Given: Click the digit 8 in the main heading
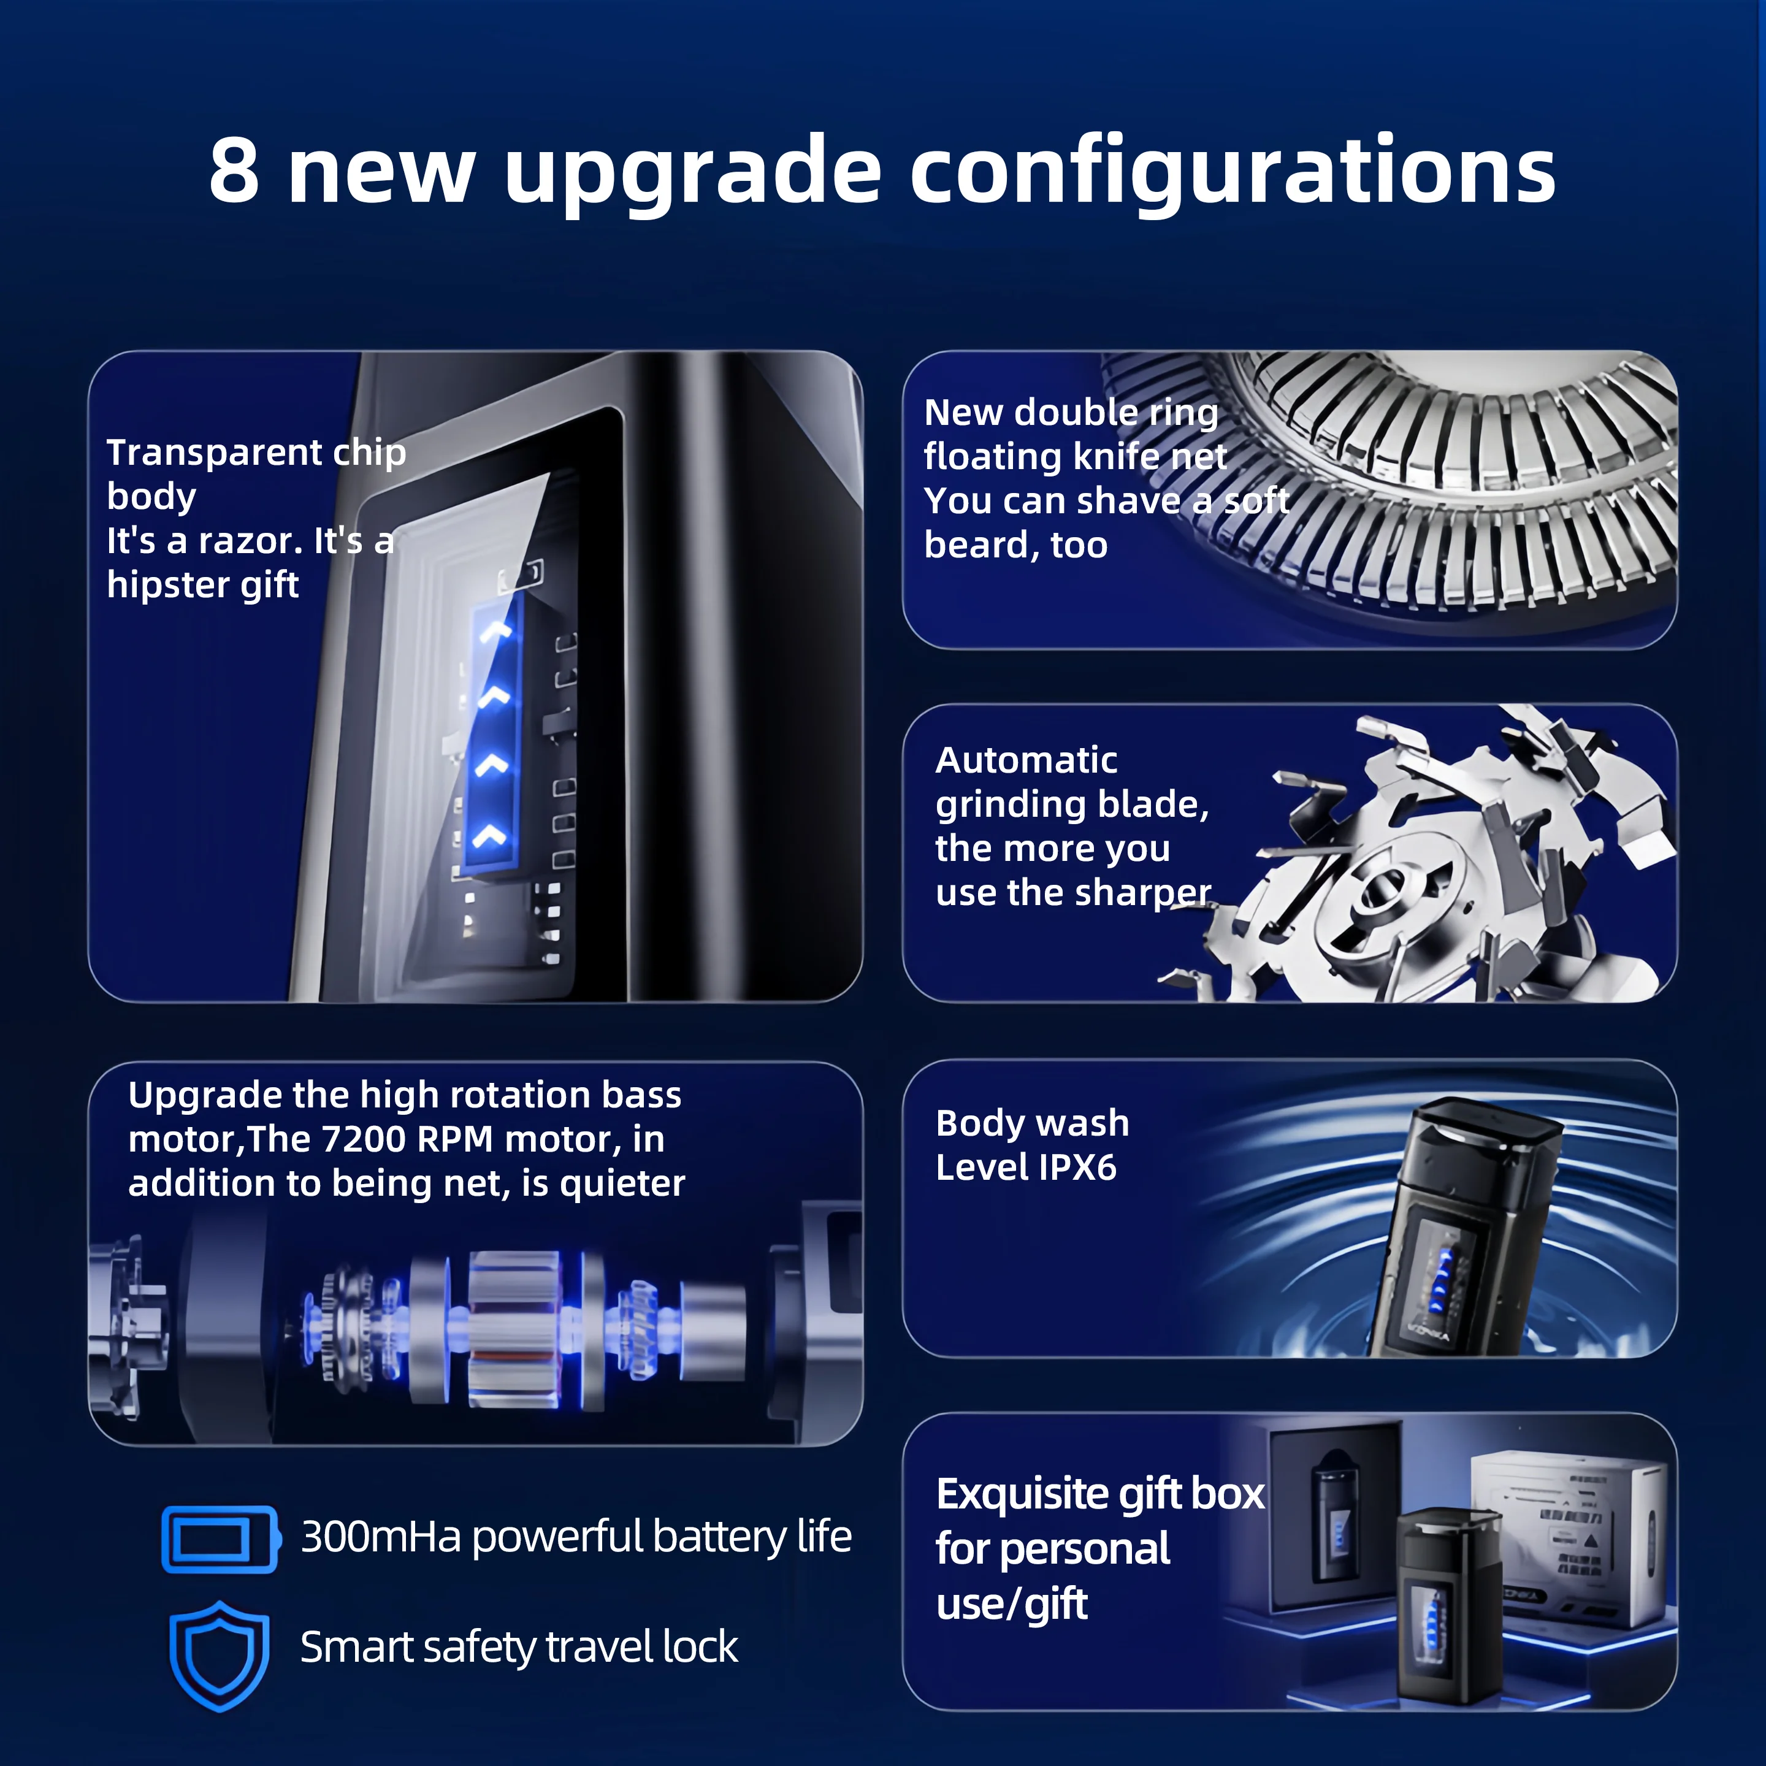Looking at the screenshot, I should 234,172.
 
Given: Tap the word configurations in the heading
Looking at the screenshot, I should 1232,174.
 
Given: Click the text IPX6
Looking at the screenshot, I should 1078,1168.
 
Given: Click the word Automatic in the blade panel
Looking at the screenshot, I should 1026,760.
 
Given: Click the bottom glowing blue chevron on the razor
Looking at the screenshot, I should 491,834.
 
